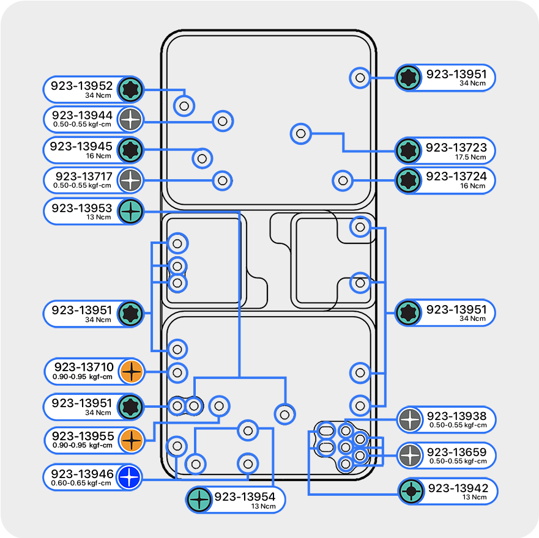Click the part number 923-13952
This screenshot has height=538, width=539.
pyautogui.click(x=81, y=86)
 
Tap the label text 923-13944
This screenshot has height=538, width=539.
pyautogui.click(x=82, y=115)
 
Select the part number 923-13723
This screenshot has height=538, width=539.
pyautogui.click(x=456, y=147)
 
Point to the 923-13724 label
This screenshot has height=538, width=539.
pyautogui.click(x=456, y=176)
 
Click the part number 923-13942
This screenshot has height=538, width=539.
pyautogui.click(x=458, y=488)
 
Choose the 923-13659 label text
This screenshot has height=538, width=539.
pyautogui.click(x=457, y=452)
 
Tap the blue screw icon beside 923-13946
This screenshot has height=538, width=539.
pyautogui.click(x=130, y=477)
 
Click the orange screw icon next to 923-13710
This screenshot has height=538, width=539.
pyautogui.click(x=131, y=371)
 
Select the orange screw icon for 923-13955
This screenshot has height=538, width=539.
pyautogui.click(x=131, y=440)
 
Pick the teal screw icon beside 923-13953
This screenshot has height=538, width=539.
pyautogui.click(x=131, y=212)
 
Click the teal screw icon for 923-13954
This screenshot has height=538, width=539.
pyautogui.click(x=199, y=499)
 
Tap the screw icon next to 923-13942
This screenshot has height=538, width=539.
pyautogui.click(x=410, y=492)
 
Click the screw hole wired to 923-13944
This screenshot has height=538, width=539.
pyautogui.click(x=223, y=121)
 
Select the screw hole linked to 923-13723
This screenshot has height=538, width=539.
pyautogui.click(x=300, y=133)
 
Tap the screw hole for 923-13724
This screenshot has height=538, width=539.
pyautogui.click(x=343, y=180)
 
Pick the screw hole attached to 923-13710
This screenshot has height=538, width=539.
pyautogui.click(x=177, y=372)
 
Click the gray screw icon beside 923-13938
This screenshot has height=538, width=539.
pyautogui.click(x=409, y=420)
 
